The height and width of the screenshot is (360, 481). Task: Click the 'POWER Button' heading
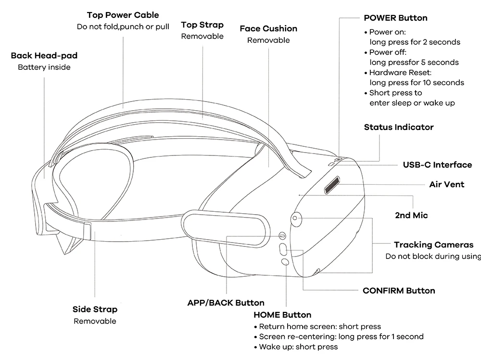pyautogui.click(x=395, y=18)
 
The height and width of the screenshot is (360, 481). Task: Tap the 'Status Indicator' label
pyautogui.click(x=398, y=127)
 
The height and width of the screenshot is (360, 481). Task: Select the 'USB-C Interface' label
pyautogui.click(x=437, y=165)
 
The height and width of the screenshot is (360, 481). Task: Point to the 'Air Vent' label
pyautogui.click(x=446, y=184)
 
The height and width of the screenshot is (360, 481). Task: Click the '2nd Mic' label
pyautogui.click(x=411, y=215)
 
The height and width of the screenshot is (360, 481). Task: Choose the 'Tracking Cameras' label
pyautogui.click(x=433, y=245)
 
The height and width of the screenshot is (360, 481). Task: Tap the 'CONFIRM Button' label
pyautogui.click(x=399, y=291)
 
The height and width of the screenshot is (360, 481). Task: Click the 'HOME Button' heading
pyautogui.click(x=282, y=315)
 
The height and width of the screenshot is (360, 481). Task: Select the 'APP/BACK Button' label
pyautogui.click(x=226, y=303)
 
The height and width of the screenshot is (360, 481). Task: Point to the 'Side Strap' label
pyautogui.click(x=95, y=309)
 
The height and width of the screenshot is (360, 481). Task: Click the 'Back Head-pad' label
pyautogui.click(x=44, y=56)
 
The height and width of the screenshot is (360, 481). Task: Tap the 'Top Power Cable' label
pyautogui.click(x=123, y=15)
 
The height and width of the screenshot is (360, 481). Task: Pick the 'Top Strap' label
pyautogui.click(x=202, y=25)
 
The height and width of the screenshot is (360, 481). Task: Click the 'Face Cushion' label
pyautogui.click(x=268, y=29)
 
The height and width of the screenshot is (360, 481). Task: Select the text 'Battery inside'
pyautogui.click(x=44, y=67)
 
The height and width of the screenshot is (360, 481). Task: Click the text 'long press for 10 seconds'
pyautogui.click(x=417, y=82)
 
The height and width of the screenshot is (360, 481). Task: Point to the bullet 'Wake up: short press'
pyautogui.click(x=298, y=347)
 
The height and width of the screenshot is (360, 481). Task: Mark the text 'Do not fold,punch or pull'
pyautogui.click(x=123, y=26)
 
